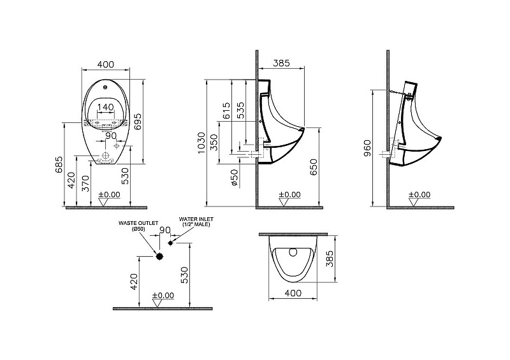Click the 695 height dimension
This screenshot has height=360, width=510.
(x=138, y=122)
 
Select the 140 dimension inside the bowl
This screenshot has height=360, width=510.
(x=106, y=107)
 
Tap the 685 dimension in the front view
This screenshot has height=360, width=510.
(x=59, y=165)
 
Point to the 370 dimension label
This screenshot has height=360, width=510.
(x=85, y=183)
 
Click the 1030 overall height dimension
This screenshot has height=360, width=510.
(x=201, y=143)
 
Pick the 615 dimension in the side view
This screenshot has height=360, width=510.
(x=226, y=111)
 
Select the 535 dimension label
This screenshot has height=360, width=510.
(x=240, y=111)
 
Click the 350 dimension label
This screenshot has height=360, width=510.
(x=214, y=142)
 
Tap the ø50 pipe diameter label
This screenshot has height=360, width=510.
(x=235, y=178)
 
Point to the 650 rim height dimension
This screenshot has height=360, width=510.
(x=313, y=167)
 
